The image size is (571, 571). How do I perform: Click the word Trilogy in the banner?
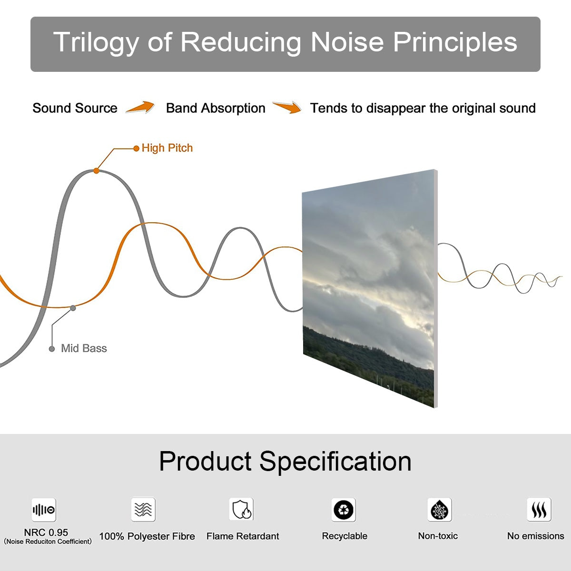coord(96,43)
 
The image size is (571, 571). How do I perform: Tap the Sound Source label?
coord(75,108)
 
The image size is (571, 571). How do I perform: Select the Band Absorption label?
coord(216,108)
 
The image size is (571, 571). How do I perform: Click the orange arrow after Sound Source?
coord(140,107)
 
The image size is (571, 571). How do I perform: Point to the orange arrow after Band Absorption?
coord(287,107)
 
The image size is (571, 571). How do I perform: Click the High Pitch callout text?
coord(167,148)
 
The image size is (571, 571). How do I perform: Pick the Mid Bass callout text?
coord(84,348)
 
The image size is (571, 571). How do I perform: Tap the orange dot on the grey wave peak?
coord(96,171)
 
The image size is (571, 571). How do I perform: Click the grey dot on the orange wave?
coord(73,308)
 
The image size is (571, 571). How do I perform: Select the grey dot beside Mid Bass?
coord(52,349)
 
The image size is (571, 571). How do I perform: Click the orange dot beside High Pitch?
coord(136,148)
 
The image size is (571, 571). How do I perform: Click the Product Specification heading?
coord(285,461)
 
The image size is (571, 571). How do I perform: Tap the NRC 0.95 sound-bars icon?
coord(44,510)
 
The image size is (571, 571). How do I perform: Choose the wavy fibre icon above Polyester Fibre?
coord(143,509)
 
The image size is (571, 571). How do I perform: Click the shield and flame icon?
coord(242,509)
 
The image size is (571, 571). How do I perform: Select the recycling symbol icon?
coord(344,510)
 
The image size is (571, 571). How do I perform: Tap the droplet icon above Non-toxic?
coord(440,510)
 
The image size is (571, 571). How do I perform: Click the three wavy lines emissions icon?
coord(539,509)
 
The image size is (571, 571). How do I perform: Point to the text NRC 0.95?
coord(46,532)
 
